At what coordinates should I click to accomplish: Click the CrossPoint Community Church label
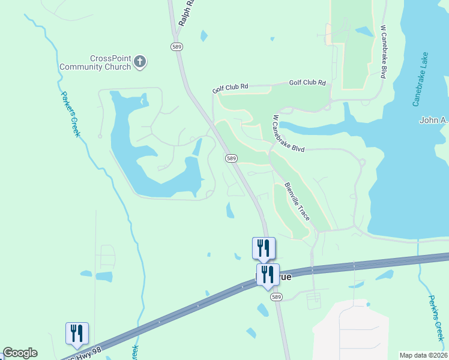[110, 62]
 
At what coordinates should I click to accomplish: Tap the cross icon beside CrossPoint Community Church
[140, 62]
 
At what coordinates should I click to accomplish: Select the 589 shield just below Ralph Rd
[176, 46]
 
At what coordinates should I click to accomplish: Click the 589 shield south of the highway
[276, 297]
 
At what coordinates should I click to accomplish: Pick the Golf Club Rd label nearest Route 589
[230, 88]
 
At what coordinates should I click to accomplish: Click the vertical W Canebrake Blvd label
[382, 52]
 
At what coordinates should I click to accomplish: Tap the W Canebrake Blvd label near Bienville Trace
[288, 133]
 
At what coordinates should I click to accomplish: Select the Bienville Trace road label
[297, 201]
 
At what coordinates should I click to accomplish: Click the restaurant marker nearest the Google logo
[77, 334]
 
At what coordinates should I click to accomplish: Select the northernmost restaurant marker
[264, 248]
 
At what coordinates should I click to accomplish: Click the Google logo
[20, 353]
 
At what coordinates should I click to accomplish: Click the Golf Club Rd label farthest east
[307, 83]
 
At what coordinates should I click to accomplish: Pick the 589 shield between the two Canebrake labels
[232, 158]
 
